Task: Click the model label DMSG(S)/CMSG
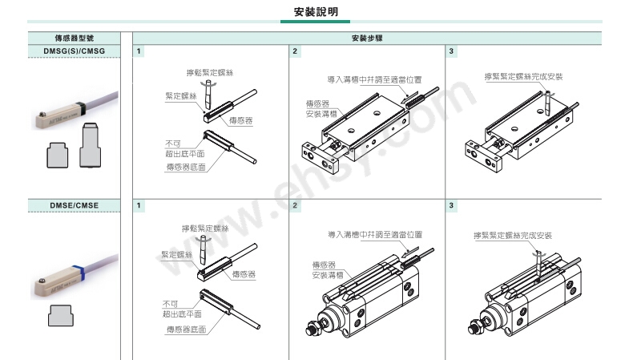pos(74,51)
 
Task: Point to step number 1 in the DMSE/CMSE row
pos(139,206)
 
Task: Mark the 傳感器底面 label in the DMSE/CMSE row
pos(185,329)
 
